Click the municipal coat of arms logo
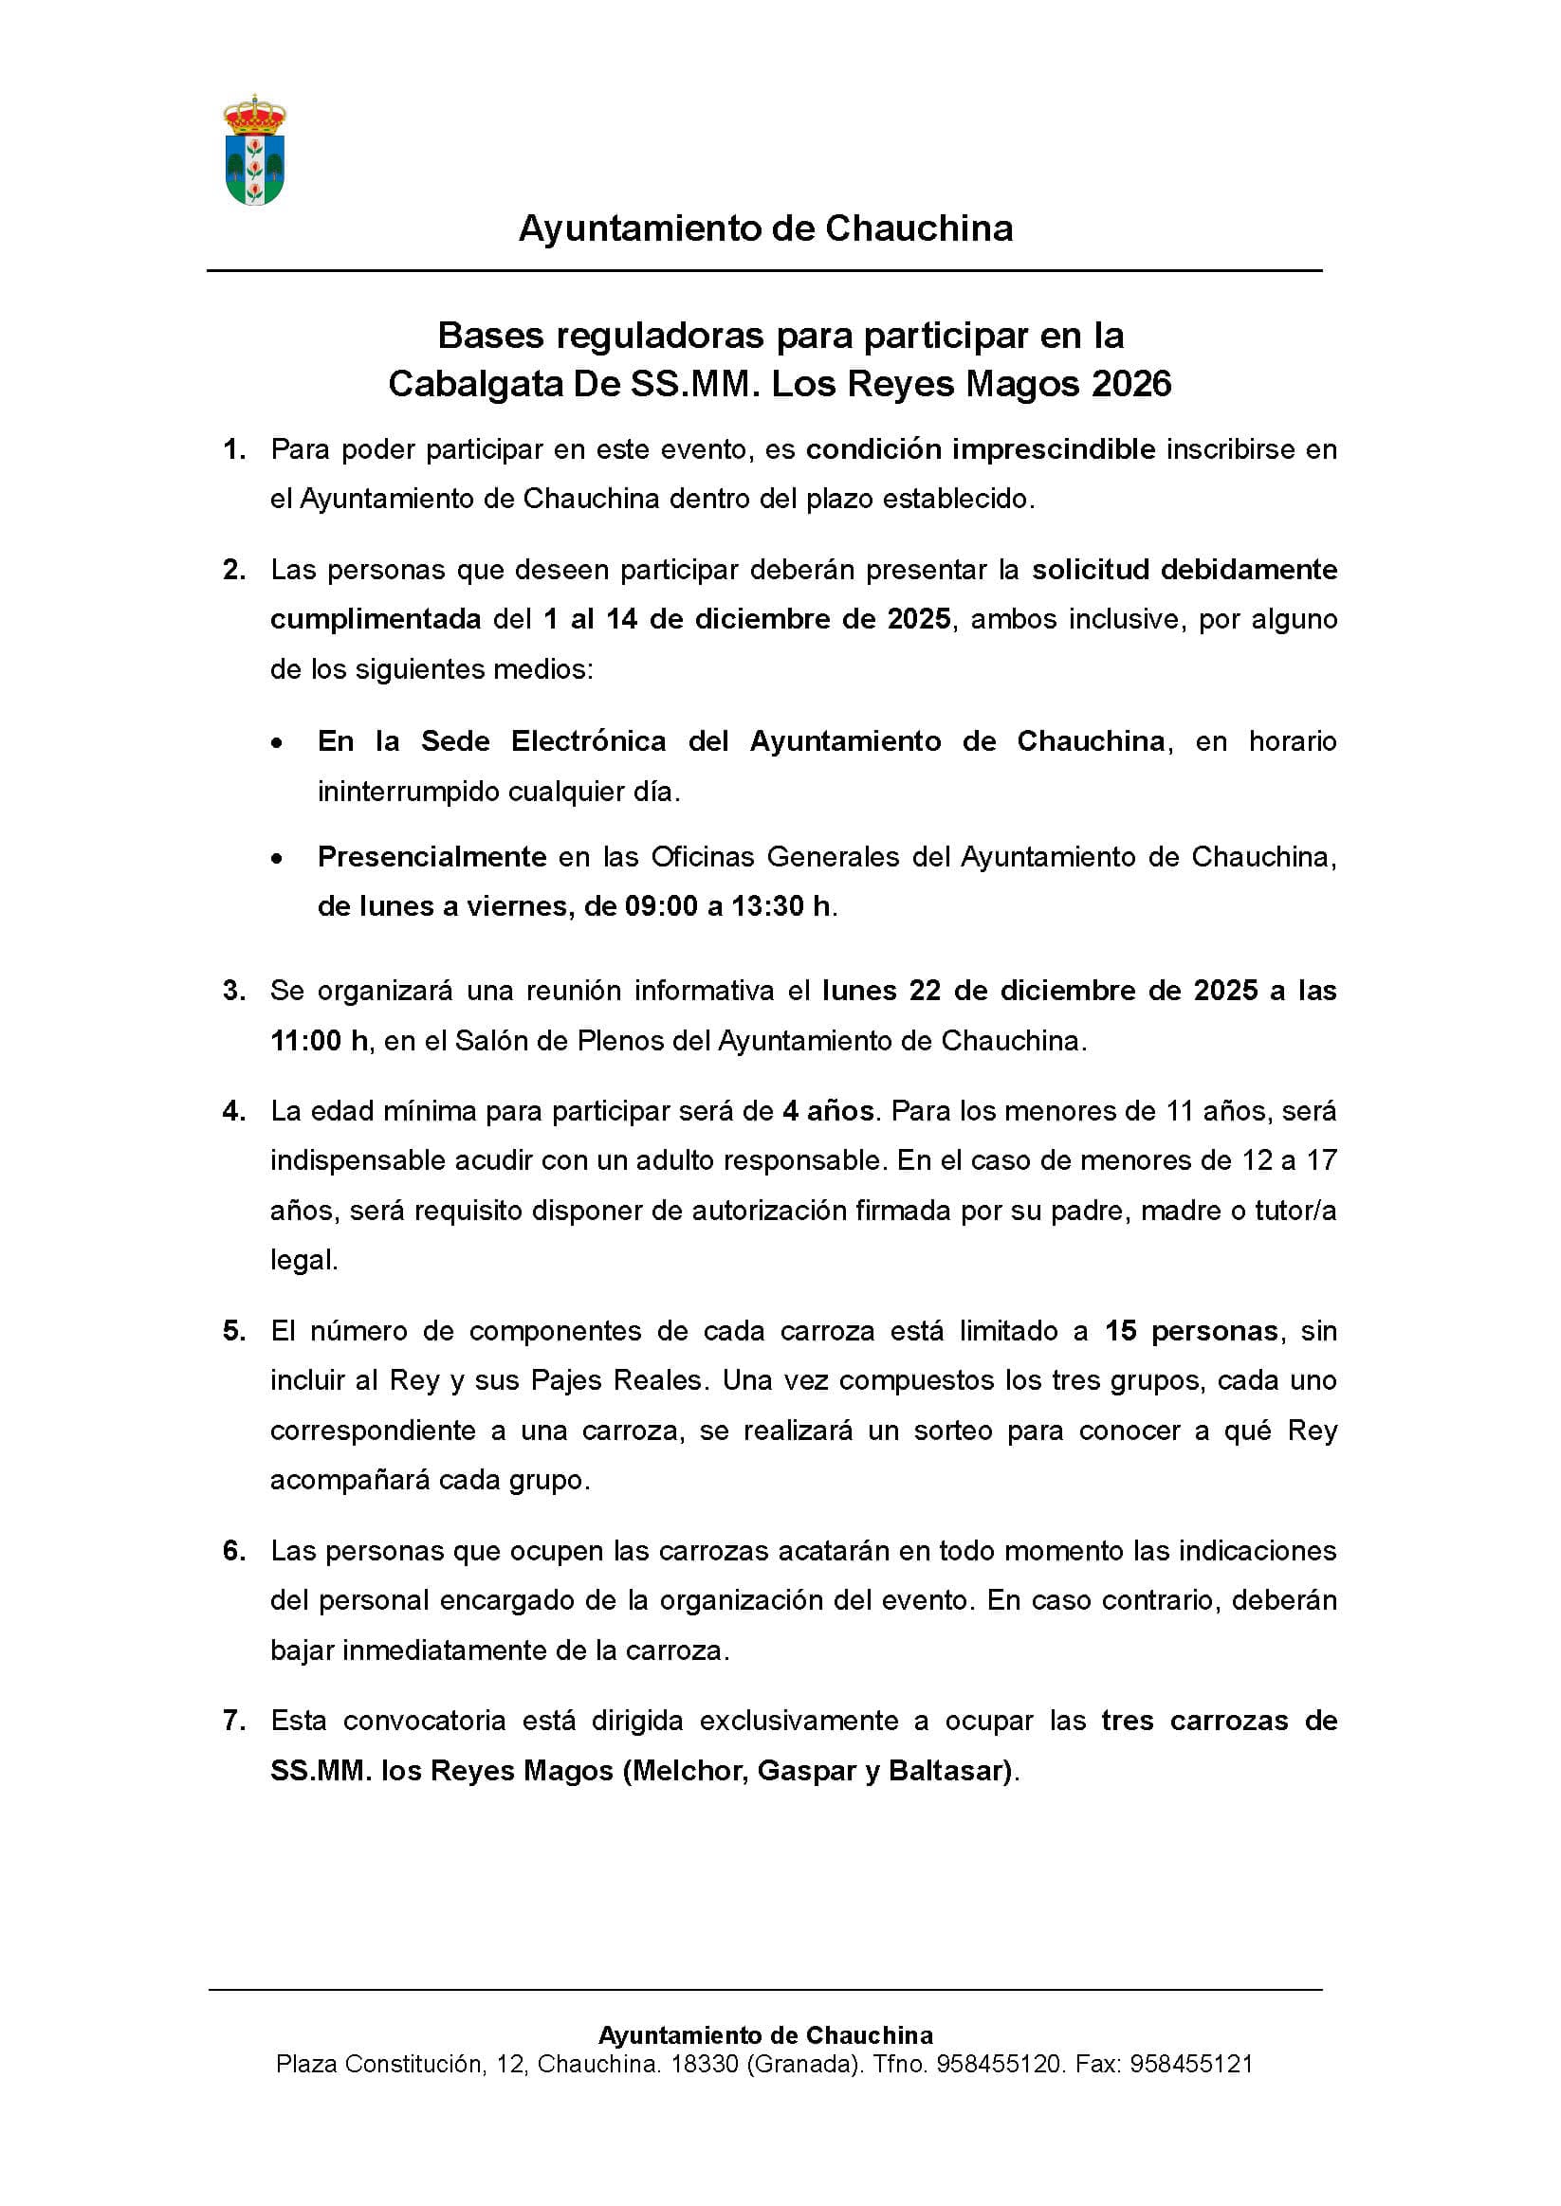(255, 151)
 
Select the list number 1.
(233, 449)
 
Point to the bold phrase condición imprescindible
(980, 449)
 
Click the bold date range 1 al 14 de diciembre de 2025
(747, 619)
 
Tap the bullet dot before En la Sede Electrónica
(277, 743)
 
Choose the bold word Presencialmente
(432, 857)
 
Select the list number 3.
(233, 991)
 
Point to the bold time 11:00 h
(319, 1041)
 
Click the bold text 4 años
(828, 1112)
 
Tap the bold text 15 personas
(1191, 1331)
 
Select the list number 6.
(233, 1551)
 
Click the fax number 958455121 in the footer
(1191, 2064)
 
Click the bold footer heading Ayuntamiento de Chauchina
(765, 2035)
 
